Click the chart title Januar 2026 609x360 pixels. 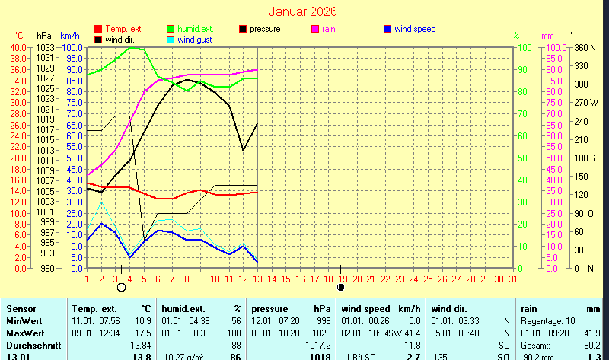pyautogui.click(x=303, y=12)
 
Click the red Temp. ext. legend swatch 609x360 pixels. pyautogui.click(x=97, y=29)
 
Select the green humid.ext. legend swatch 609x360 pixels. pyautogui.click(x=171, y=29)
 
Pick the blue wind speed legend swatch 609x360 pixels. pyautogui.click(x=387, y=29)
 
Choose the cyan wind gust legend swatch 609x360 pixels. pyautogui.click(x=171, y=39)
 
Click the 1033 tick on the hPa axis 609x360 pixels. pyautogui.click(x=45, y=47)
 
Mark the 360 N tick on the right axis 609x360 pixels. pyautogui.click(x=585, y=47)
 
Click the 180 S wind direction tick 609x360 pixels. pyautogui.click(x=585, y=158)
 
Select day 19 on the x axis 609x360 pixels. pyautogui.click(x=343, y=279)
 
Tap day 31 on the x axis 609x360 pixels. pyautogui.click(x=513, y=279)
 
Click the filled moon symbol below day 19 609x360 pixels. pyautogui.click(x=341, y=288)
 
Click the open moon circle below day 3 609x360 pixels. pyautogui.click(x=121, y=288)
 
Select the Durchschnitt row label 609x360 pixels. pyautogui.click(x=30, y=346)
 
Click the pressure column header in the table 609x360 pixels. pyautogui.click(x=271, y=309)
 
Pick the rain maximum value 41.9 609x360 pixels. pyautogui.click(x=591, y=333)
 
